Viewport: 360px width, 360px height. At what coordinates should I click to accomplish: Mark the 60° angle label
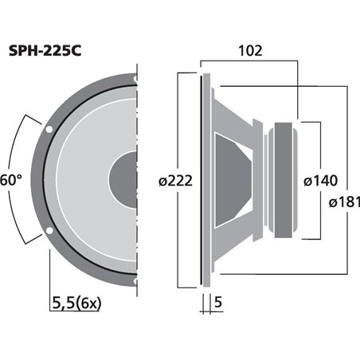(9, 181)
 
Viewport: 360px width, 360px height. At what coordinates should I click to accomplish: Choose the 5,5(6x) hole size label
(77, 303)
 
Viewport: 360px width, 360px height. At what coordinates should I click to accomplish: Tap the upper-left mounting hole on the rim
(49, 128)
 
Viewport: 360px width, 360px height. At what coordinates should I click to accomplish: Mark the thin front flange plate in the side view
(206, 181)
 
